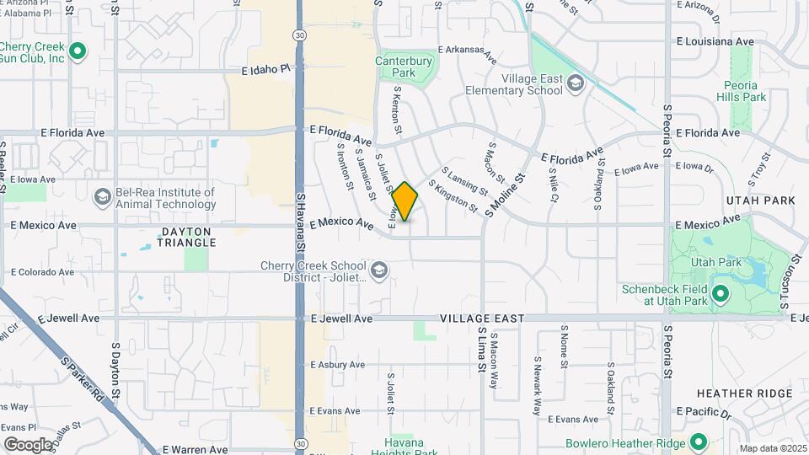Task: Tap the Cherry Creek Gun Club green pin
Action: pyautogui.click(x=78, y=52)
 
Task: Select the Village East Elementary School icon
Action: pyautogui.click(x=576, y=82)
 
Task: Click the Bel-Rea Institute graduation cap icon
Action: pyautogui.click(x=102, y=197)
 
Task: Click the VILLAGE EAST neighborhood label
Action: pyautogui.click(x=482, y=318)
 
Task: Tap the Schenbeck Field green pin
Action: pyautogui.click(x=720, y=294)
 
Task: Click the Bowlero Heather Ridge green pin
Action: pyautogui.click(x=698, y=442)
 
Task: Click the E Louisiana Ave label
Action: pyautogui.click(x=715, y=40)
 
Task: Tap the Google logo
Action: pyautogui.click(x=28, y=444)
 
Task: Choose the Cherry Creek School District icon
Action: pyautogui.click(x=379, y=270)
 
